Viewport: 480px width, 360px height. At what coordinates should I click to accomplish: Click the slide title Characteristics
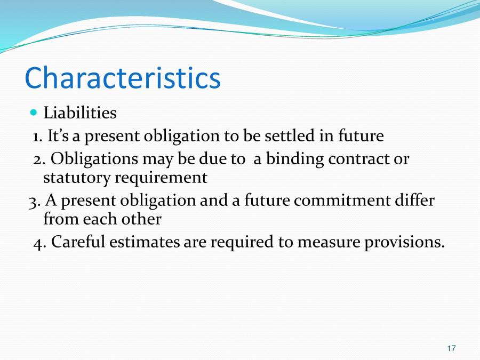point(122,78)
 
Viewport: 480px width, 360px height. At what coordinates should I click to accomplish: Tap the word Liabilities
point(79,113)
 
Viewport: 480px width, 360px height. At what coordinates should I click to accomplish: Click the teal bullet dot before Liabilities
point(34,113)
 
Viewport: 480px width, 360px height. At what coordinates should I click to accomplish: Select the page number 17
point(451,348)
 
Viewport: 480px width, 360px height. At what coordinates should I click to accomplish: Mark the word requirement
point(161,178)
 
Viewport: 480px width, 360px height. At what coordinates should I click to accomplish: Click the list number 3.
point(33,201)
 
